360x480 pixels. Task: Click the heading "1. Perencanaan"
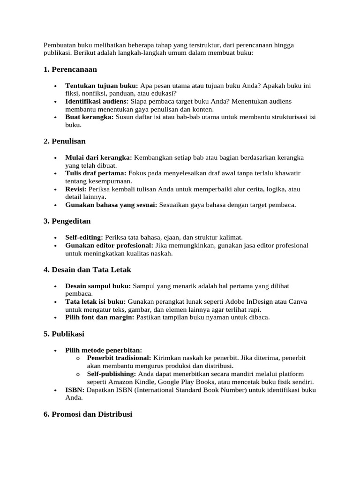70,69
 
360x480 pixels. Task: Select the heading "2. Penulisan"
65,141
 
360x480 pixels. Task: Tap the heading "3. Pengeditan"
67,220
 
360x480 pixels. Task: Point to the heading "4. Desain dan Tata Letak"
88,270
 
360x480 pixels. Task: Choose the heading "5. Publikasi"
64,334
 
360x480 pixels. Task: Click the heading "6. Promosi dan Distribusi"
88,414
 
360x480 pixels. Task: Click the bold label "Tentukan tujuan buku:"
102,86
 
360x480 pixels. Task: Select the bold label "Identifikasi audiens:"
97,101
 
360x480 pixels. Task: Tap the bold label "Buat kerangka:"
90,117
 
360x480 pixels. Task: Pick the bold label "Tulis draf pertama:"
96,173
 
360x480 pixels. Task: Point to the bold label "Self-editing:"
84,237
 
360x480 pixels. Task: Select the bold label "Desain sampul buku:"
98,285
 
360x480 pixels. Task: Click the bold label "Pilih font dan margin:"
99,317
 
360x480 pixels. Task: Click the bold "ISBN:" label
75,390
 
